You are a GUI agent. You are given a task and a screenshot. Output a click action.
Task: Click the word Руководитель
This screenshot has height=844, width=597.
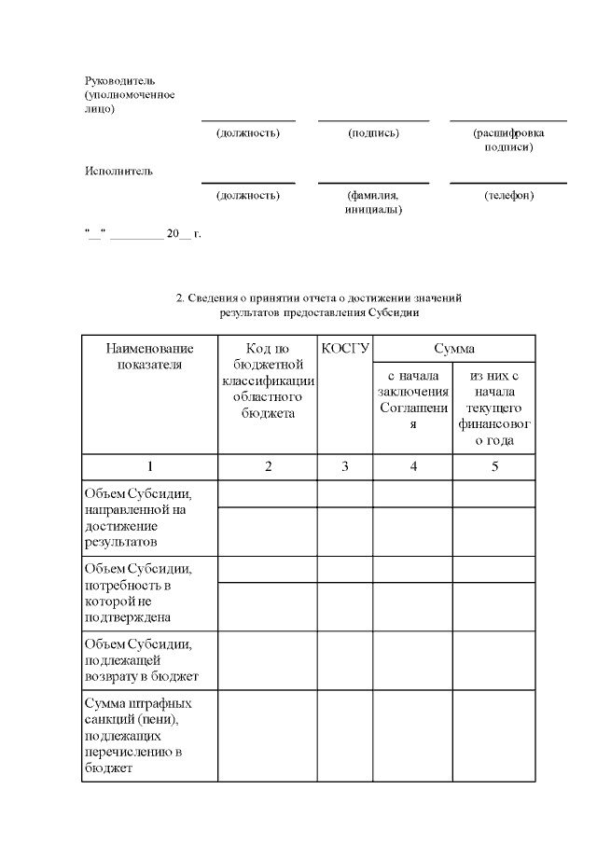point(119,80)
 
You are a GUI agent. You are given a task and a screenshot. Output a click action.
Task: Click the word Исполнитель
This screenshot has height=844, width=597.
point(118,171)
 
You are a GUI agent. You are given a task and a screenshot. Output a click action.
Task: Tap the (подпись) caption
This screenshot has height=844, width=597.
point(373,133)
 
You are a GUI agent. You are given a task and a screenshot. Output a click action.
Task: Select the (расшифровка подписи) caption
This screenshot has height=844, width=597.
point(508,140)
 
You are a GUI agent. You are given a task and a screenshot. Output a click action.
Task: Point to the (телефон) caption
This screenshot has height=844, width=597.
point(508,196)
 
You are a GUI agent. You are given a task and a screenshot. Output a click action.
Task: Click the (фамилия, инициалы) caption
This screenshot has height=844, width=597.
point(373,202)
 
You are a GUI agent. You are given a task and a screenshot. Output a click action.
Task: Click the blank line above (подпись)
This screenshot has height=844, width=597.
point(373,120)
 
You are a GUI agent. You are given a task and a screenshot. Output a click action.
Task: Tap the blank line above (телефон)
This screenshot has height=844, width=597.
point(508,183)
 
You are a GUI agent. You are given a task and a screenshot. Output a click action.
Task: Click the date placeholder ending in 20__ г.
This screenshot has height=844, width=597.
point(143,234)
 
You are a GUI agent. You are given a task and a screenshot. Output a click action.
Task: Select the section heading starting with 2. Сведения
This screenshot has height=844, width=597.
point(320,305)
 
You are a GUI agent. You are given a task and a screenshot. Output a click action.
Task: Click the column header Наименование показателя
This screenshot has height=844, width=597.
point(149,356)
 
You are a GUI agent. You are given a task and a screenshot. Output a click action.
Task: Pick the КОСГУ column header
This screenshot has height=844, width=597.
point(345,349)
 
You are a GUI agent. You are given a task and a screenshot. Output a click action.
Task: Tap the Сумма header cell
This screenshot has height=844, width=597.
point(454,349)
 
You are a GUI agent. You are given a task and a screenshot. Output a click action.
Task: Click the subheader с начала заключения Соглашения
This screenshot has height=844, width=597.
point(413,399)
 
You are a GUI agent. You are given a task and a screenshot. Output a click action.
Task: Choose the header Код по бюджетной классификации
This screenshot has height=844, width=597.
point(268,380)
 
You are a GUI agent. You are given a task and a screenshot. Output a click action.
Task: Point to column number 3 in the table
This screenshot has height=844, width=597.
point(345,466)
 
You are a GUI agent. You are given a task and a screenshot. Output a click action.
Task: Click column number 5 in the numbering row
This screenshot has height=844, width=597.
point(494,466)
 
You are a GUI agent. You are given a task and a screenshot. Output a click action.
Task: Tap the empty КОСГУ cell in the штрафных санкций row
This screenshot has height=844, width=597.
point(345,735)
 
